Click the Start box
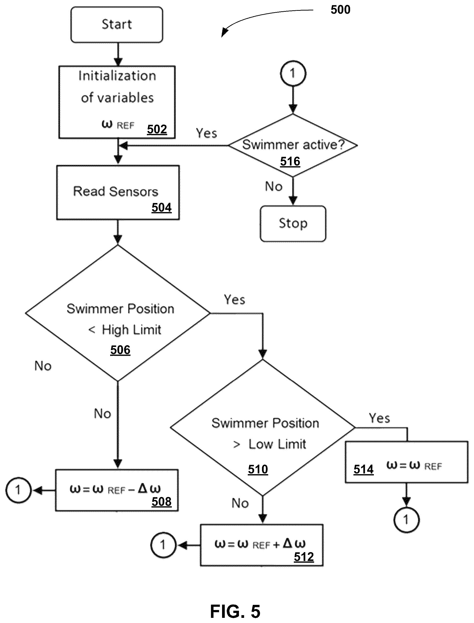pyautogui.click(x=117, y=25)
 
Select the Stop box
pyautogui.click(x=293, y=224)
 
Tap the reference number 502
pyautogui.click(x=157, y=129)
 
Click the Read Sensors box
pyautogui.click(x=118, y=192)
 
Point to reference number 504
pyautogui.click(x=162, y=207)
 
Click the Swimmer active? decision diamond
pyautogui.click(x=293, y=145)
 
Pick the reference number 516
pyautogui.click(x=290, y=162)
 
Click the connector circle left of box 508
pyautogui.click(x=18, y=490)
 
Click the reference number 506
pyautogui.click(x=120, y=350)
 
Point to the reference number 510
pyautogui.click(x=258, y=469)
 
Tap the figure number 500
pyautogui.click(x=341, y=10)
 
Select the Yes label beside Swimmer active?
pyautogui.click(x=207, y=133)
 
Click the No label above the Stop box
pyautogui.click(x=274, y=187)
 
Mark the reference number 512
pyautogui.click(x=304, y=557)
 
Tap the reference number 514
pyautogui.click(x=364, y=469)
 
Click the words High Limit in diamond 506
pyautogui.click(x=131, y=330)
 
